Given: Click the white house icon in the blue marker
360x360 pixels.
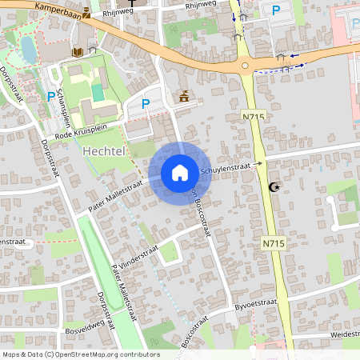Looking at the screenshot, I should click(x=180, y=172).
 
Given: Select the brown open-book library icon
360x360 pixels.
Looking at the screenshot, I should click(x=77, y=51).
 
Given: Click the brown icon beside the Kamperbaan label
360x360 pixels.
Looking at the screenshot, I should click(x=86, y=13).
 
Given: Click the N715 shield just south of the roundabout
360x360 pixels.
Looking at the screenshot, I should click(x=253, y=117).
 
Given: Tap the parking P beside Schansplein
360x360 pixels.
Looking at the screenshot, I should click(x=51, y=96).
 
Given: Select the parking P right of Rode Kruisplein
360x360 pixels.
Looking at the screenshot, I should click(x=146, y=102).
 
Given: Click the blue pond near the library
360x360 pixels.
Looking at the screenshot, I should click(x=29, y=50).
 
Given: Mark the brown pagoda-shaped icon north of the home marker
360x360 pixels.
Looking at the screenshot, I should click(x=185, y=97).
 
